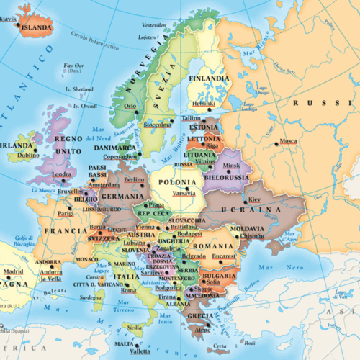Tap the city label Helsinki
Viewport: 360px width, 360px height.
[204, 103]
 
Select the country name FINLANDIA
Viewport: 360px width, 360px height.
[208, 78]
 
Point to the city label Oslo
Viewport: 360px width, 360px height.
[130, 107]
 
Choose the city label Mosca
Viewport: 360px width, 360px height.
[288, 140]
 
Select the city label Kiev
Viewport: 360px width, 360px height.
[253, 199]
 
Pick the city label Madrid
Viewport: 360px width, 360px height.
[13, 271]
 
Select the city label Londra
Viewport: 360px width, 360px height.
[62, 174]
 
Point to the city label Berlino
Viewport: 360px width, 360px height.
[134, 179]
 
